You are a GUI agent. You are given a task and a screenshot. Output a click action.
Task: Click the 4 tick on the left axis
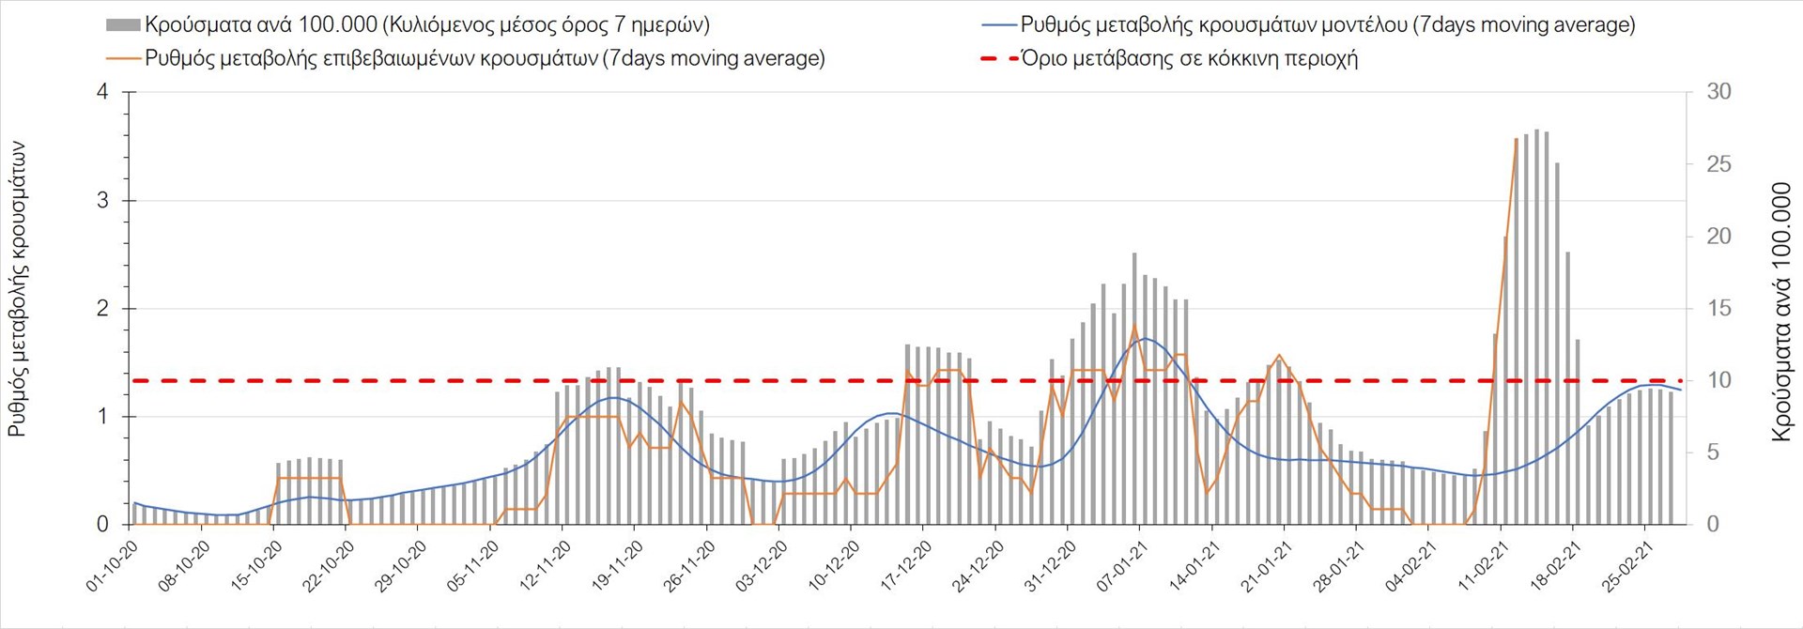tap(102, 92)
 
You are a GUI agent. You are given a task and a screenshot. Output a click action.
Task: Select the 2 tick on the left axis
tap(102, 309)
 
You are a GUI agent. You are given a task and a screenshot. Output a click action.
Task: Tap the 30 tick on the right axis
tap(1718, 92)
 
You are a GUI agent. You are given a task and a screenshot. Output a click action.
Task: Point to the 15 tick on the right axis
tap(1718, 309)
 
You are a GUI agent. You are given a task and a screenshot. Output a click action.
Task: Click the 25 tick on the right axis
tap(1718, 164)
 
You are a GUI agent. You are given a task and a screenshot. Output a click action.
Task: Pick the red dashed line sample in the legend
tap(997, 58)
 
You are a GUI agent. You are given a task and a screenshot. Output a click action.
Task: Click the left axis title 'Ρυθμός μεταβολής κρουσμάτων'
tap(17, 288)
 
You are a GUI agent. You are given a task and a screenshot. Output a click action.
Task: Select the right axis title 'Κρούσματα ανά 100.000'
tap(1781, 312)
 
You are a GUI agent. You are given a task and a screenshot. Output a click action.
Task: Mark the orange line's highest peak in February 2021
tap(1516, 139)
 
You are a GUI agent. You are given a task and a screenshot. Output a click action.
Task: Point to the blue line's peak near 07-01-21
tap(1143, 339)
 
